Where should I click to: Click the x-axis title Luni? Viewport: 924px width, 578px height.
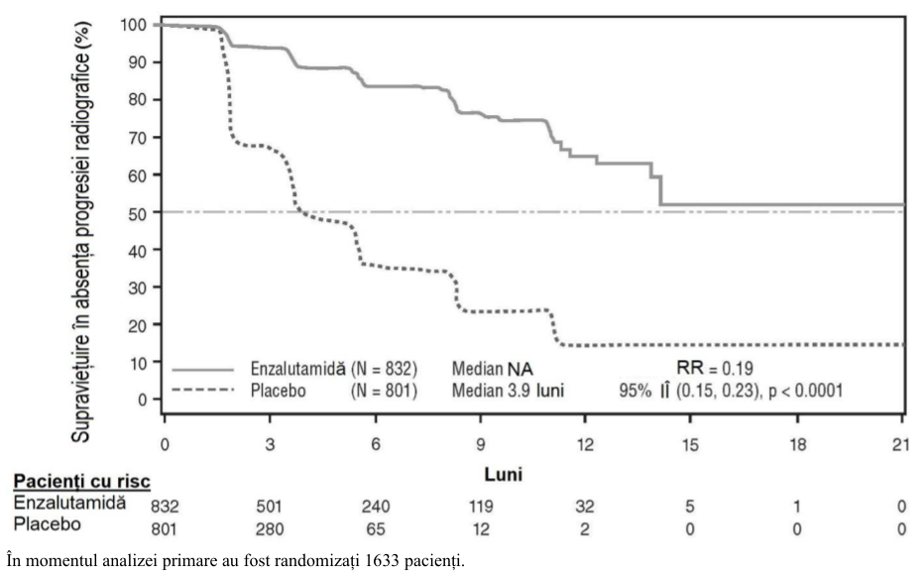tap(504, 474)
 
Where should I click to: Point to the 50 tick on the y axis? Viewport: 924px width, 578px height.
tap(158, 212)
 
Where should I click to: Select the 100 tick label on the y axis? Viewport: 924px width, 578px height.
tap(133, 25)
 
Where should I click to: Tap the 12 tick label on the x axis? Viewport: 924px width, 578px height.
tap(585, 444)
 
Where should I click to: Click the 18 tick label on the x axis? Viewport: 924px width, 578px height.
tap(797, 444)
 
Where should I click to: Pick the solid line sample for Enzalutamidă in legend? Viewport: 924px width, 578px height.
tap(203, 370)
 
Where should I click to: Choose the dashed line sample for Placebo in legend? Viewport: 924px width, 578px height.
tap(203, 390)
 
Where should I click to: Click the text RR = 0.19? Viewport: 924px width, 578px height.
tap(715, 368)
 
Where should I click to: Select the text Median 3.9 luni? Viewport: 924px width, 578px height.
tap(508, 390)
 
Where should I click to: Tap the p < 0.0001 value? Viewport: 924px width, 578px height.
tap(806, 391)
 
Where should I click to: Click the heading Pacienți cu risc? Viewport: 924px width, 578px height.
tap(82, 482)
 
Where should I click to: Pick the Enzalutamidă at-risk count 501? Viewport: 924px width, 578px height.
tap(270, 506)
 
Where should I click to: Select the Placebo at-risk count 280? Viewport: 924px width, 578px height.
tap(270, 529)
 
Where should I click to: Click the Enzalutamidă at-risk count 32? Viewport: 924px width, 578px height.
tap(585, 506)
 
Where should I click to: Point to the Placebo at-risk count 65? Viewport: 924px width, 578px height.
tap(376, 529)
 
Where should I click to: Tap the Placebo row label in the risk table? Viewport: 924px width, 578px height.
tap(48, 523)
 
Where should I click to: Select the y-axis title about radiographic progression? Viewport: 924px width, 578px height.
tap(81, 232)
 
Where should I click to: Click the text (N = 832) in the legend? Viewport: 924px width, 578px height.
tap(385, 369)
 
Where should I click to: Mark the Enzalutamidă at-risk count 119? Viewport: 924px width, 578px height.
tap(480, 506)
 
